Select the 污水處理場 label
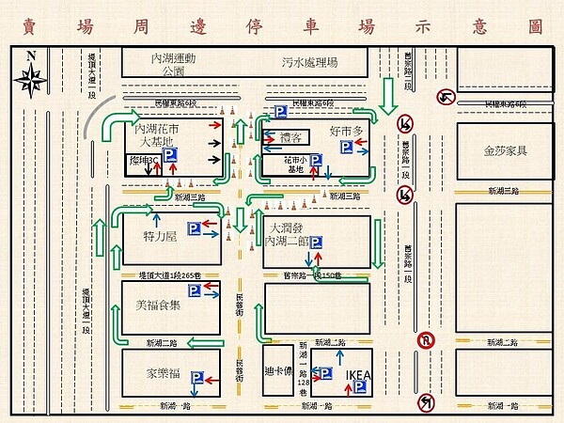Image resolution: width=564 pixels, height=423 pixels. coord(309,63)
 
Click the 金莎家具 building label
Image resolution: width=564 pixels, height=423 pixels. coord(505,149)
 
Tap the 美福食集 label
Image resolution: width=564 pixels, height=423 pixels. coord(157,305)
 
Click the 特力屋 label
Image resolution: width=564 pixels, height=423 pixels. coord(160,237)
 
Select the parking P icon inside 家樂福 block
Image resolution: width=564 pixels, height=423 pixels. coord(197,378)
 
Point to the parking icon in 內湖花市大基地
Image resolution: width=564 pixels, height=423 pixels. coord(170,156)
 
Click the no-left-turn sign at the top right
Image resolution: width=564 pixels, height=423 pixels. coord(444,96)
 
